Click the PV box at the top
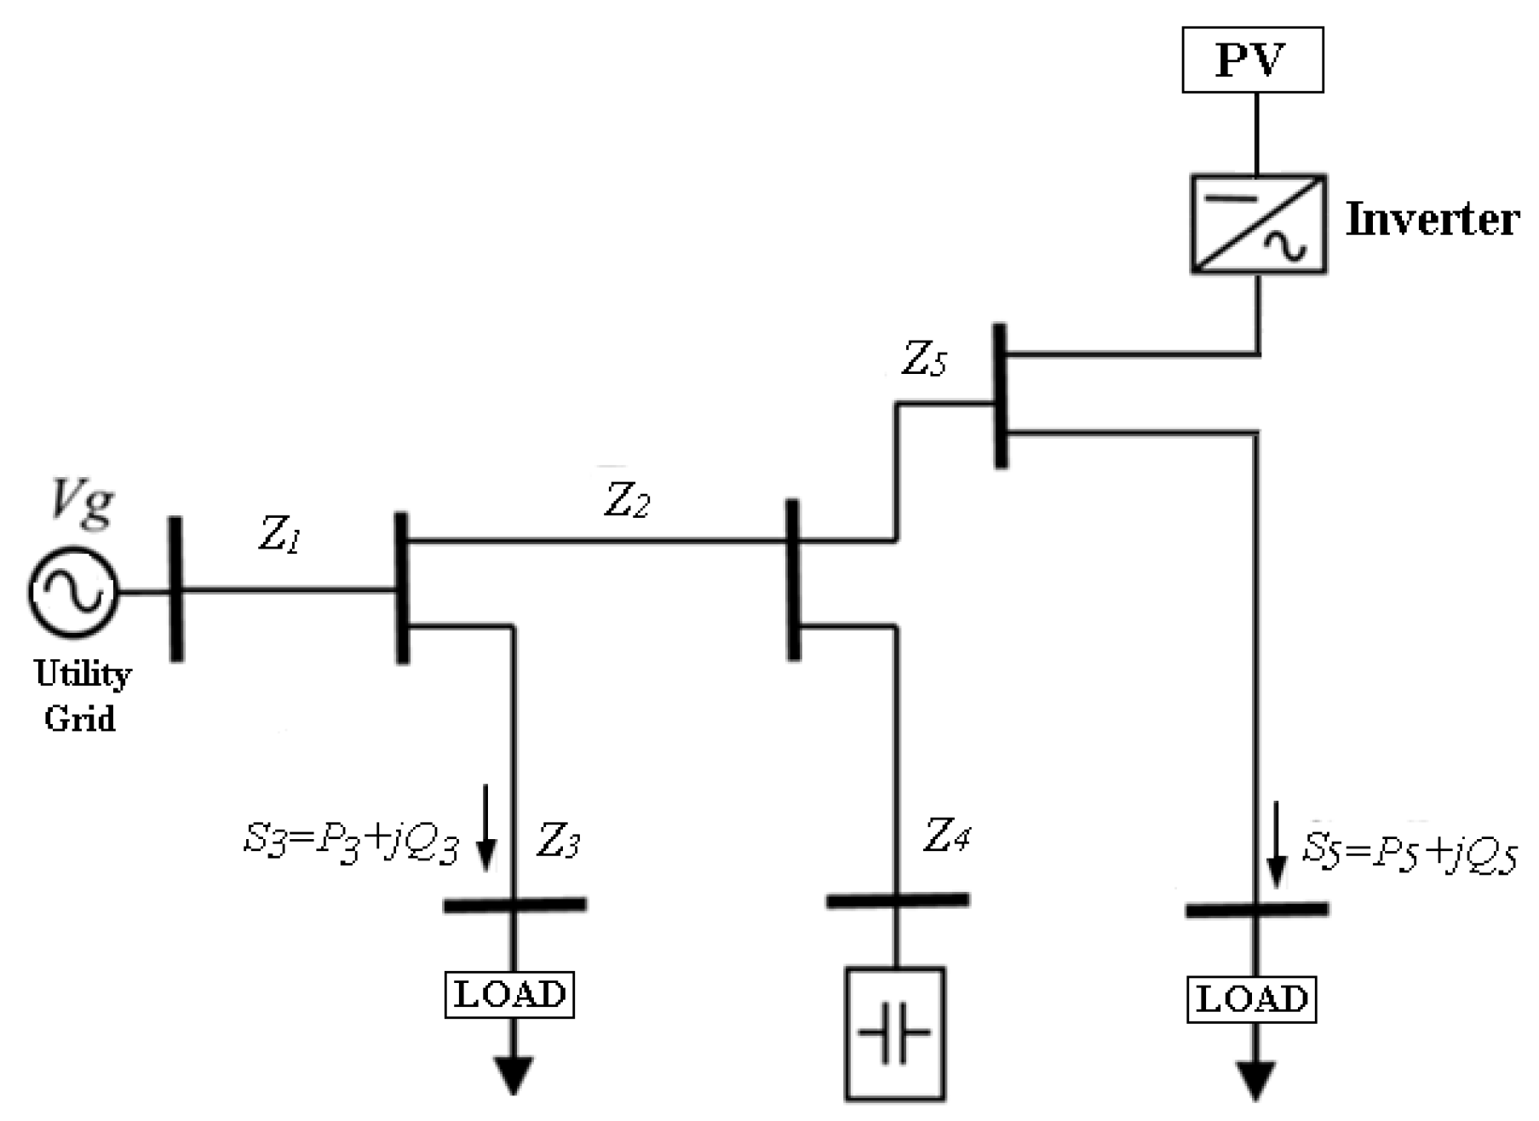click(1252, 60)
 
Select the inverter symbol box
click(1258, 224)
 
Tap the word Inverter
click(1433, 220)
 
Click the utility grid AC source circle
click(72, 592)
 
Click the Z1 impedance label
click(279, 535)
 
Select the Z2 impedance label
click(627, 500)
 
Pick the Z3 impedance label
click(559, 842)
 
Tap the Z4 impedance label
click(946, 836)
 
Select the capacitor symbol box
click(894, 1034)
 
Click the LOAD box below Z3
click(509, 994)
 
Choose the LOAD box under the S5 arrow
click(1251, 999)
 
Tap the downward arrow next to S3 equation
click(485, 826)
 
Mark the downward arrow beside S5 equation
click(1276, 843)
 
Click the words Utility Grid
click(82, 696)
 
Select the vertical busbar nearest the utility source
click(176, 589)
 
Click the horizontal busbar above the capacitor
click(897, 900)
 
